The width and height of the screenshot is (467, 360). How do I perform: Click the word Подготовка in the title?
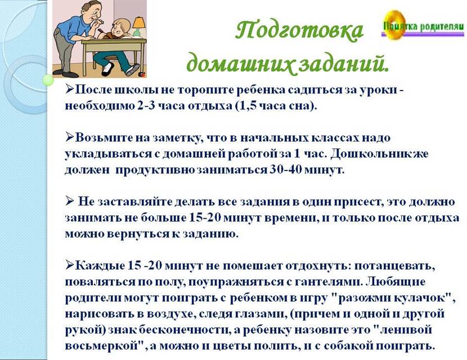pos(300,31)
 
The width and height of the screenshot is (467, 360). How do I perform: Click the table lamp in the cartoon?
pos(138,26)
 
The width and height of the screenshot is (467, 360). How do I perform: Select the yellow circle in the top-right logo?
pos(394,24)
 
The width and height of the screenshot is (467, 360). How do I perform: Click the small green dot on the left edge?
pos(47,80)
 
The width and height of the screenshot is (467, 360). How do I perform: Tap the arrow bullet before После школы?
pos(69,89)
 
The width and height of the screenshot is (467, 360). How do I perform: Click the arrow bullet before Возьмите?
pos(69,137)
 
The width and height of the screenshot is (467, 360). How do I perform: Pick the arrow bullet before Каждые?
pos(69,265)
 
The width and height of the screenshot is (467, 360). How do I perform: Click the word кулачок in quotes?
pos(421,298)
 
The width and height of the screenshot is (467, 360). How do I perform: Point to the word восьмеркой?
pos(103,346)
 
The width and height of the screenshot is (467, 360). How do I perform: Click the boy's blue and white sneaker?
pos(132,69)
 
